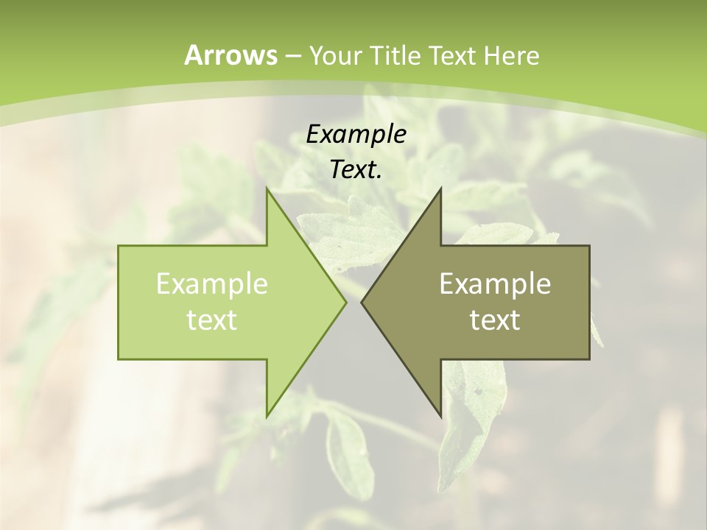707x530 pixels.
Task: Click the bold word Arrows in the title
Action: click(231, 55)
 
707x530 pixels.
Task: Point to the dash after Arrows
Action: click(292, 57)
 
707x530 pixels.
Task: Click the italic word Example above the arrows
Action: click(356, 134)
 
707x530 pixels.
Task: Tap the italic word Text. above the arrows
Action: click(356, 170)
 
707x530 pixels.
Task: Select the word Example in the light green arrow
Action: click(212, 284)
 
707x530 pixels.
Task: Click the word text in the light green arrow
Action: click(212, 320)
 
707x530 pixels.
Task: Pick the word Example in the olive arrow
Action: click(495, 284)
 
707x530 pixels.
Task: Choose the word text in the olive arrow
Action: click(495, 320)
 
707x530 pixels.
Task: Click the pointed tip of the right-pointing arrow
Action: click(345, 302)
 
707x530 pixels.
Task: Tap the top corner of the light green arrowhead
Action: click(267, 189)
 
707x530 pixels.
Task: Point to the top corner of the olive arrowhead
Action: click(440, 189)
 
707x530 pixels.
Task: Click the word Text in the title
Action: click(454, 56)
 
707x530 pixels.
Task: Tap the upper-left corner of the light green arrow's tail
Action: click(119, 246)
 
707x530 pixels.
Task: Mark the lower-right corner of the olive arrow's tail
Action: click(589, 358)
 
